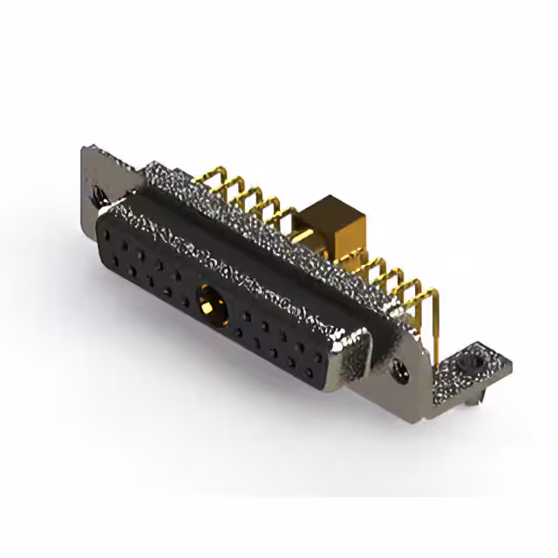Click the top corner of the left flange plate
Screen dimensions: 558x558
click(86, 149)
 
